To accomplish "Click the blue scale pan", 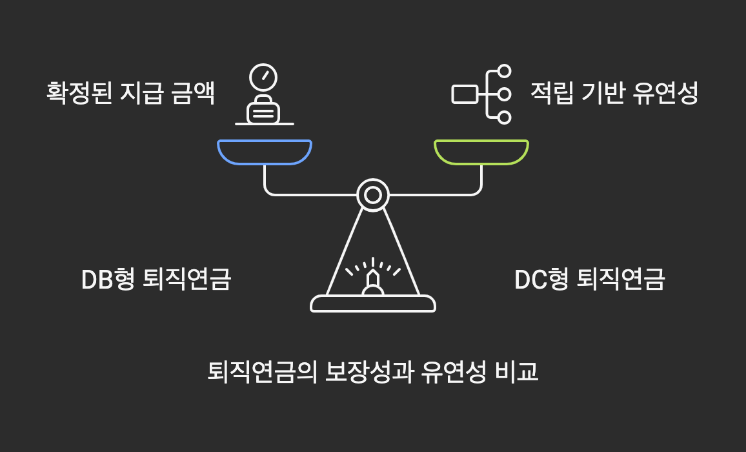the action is click(265, 152).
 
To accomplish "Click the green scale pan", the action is click(481, 152).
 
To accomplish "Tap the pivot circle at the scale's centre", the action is click(373, 194).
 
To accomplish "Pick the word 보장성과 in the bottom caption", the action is click(369, 372).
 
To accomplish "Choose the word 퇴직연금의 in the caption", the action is click(263, 372).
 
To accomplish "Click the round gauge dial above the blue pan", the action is click(263, 76).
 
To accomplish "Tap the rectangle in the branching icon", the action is click(465, 94).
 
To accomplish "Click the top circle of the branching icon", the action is click(504, 70).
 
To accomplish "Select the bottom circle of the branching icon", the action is click(504, 118).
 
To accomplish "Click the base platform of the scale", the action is click(373, 303).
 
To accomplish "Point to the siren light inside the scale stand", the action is click(373, 282).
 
